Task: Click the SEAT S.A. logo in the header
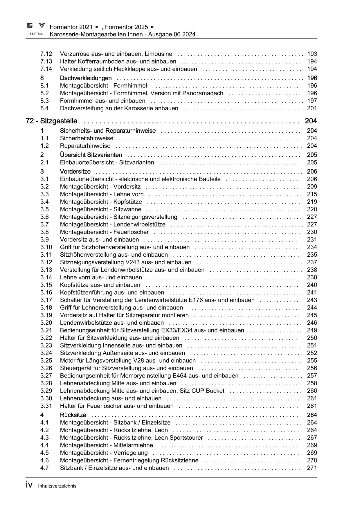click(x=36, y=29)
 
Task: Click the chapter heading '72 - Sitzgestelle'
click(x=51, y=121)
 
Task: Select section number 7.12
click(x=46, y=54)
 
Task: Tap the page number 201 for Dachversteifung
click(x=312, y=108)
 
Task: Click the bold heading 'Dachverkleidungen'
click(x=86, y=78)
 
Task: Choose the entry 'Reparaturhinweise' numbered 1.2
click(x=85, y=146)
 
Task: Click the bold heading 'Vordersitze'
click(x=75, y=172)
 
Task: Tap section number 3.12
click(x=46, y=262)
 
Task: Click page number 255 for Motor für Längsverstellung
click(x=312, y=360)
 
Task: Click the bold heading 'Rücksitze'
click(x=73, y=415)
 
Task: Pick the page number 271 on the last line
click(x=312, y=468)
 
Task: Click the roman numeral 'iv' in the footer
click(x=29, y=485)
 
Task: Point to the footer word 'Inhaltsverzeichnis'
click(x=57, y=486)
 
